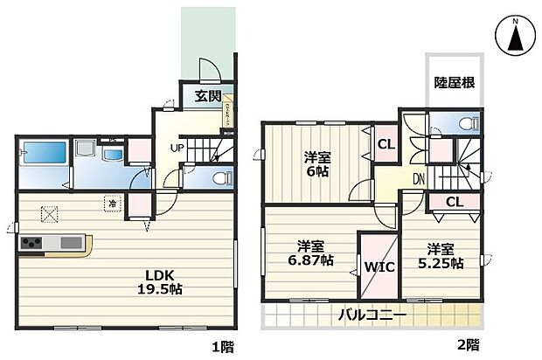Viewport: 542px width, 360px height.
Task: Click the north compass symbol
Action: [x=515, y=37]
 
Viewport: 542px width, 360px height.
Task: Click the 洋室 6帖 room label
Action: [x=317, y=164]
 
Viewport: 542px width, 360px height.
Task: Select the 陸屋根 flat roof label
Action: [x=455, y=83]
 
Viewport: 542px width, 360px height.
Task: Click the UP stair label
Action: [x=176, y=148]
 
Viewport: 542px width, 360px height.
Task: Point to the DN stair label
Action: [x=420, y=179]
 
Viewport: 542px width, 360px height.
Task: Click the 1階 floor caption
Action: [x=221, y=345]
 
